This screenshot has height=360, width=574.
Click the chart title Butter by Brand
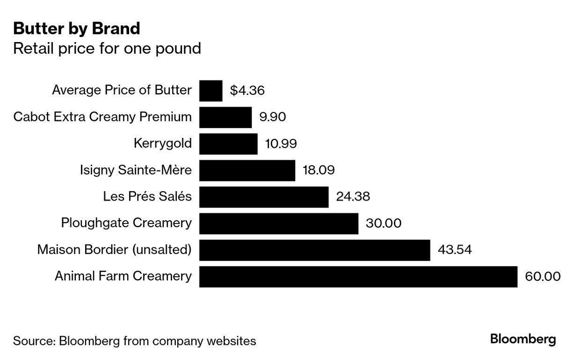click(x=76, y=29)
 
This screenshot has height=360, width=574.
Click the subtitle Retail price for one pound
click(x=107, y=48)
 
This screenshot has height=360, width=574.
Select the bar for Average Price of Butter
click(x=211, y=90)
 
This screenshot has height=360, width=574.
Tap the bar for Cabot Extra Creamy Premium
click(x=225, y=117)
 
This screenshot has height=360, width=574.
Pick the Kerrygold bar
click(x=228, y=144)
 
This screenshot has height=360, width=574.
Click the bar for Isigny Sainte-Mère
click(x=247, y=170)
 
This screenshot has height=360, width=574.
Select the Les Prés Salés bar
click(x=264, y=196)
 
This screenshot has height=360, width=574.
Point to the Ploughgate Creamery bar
click(x=279, y=223)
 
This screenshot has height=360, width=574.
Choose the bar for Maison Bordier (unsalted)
click(x=314, y=250)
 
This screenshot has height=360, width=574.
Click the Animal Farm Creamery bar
click(x=358, y=276)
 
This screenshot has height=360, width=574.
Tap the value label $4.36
click(x=247, y=90)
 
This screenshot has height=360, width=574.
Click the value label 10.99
click(x=281, y=144)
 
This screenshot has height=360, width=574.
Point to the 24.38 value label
click(x=353, y=196)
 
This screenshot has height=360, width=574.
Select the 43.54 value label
click(x=454, y=250)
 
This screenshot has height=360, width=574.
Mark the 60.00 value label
click(x=542, y=276)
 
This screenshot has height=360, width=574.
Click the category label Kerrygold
click(x=162, y=143)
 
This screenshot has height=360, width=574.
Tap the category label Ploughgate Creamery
click(x=126, y=223)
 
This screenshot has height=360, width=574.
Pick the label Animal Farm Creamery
click(x=123, y=276)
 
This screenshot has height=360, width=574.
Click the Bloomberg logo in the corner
click(x=523, y=339)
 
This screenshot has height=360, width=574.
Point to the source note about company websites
click(x=135, y=341)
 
